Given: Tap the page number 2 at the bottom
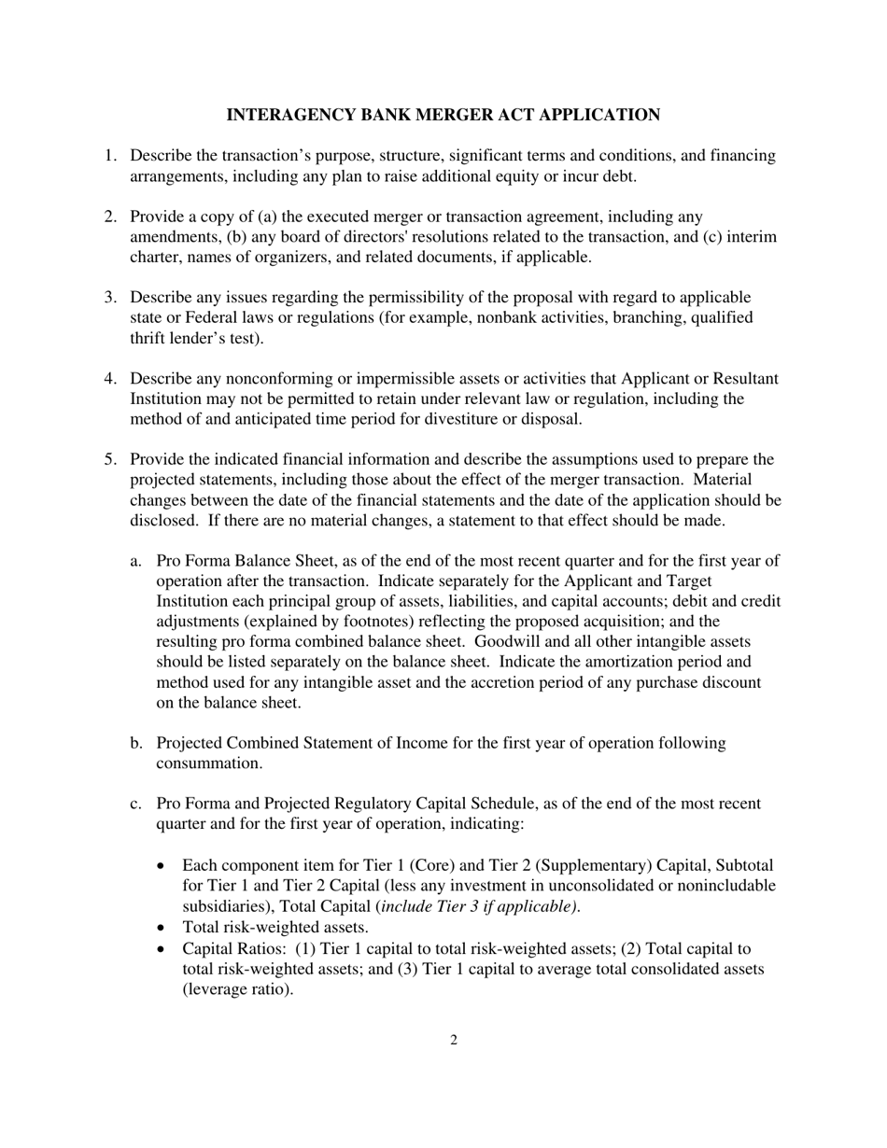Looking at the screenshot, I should (x=454, y=1041).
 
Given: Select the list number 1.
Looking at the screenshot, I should (x=109, y=156).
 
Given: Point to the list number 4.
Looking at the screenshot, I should (x=109, y=379).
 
